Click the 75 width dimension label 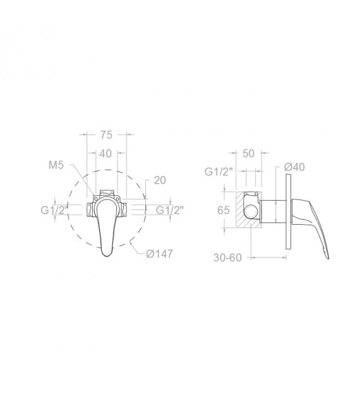click(106, 134)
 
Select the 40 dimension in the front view click(105, 153)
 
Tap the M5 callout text click(56, 165)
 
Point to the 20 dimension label click(160, 180)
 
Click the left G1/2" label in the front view click(54, 210)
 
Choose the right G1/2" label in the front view click(170, 210)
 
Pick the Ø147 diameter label click(159, 253)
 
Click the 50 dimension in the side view click(248, 153)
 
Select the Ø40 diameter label click(294, 167)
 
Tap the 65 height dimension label click(224, 210)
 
